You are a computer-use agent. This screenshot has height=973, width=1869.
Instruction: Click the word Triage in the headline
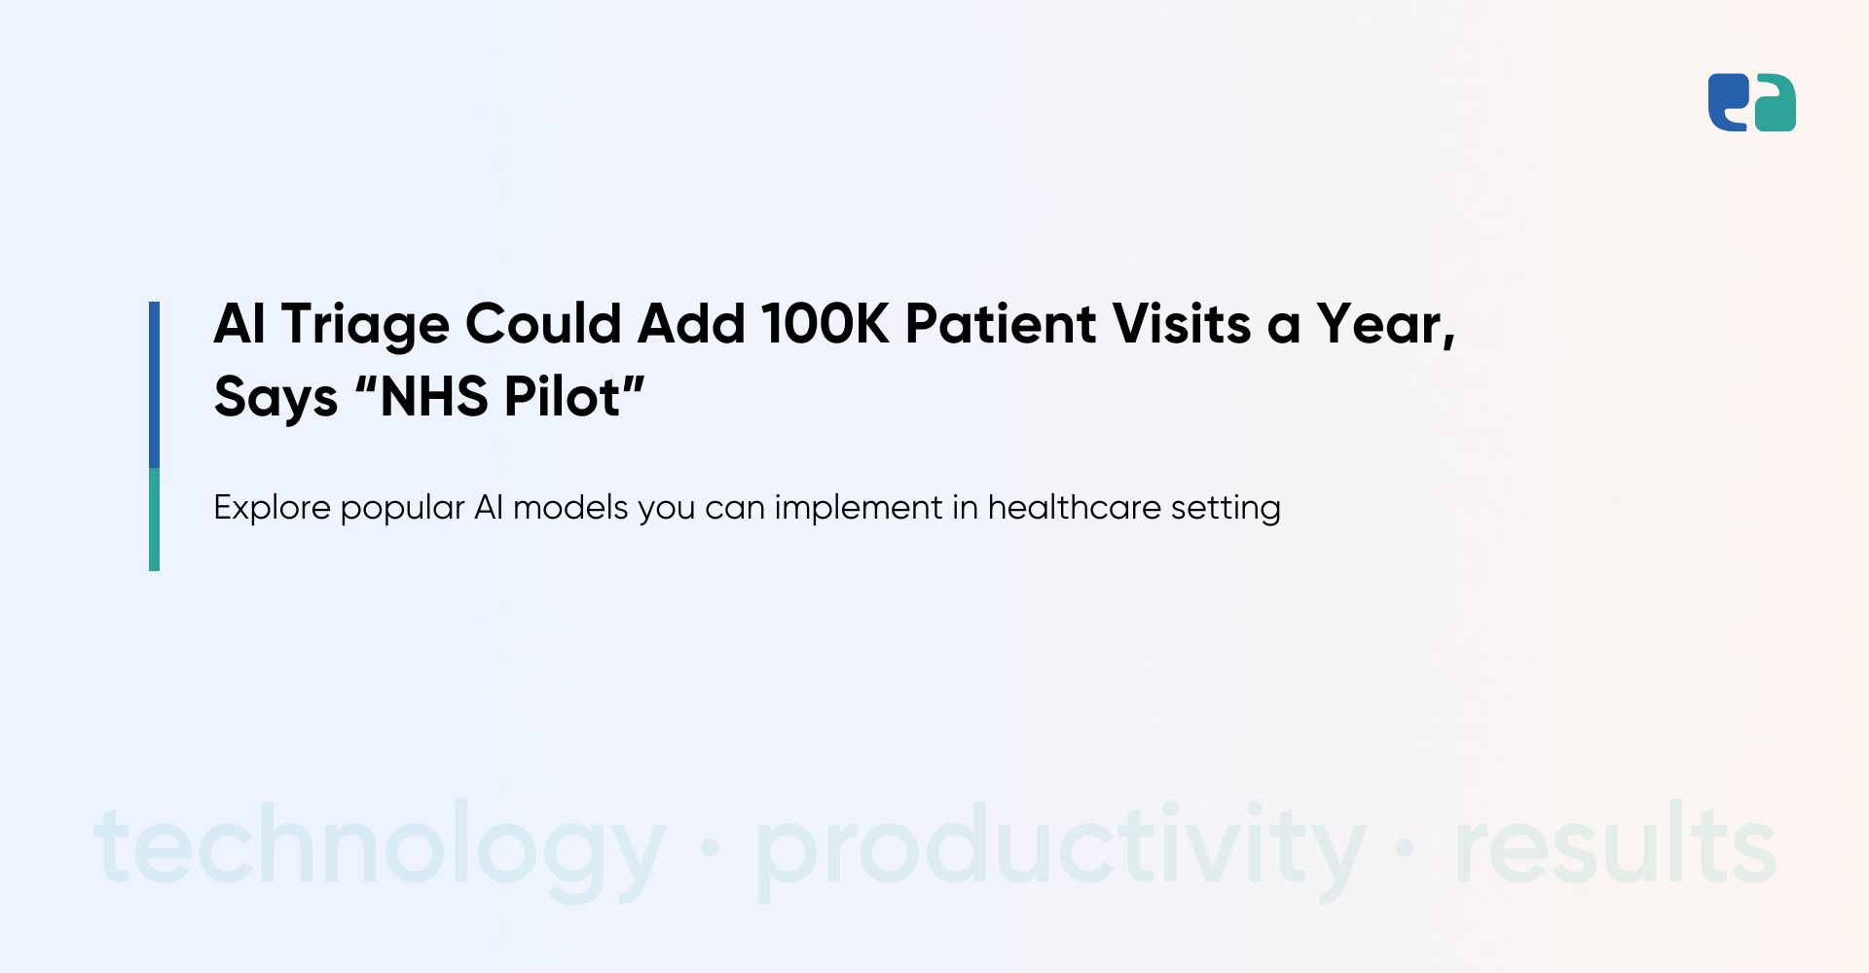[365, 325]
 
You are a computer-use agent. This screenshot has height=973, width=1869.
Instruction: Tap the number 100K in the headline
[825, 323]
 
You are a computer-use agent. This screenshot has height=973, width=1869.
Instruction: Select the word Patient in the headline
[1001, 323]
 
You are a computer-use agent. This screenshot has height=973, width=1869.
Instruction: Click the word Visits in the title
[1182, 323]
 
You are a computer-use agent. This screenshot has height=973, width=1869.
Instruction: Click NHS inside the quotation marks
[433, 396]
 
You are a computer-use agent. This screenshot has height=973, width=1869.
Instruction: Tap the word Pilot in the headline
[562, 396]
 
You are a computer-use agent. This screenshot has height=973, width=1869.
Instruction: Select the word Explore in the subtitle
[272, 508]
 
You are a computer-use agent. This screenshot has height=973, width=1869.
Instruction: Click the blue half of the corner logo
[1729, 102]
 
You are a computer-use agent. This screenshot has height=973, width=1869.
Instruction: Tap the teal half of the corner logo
[1775, 102]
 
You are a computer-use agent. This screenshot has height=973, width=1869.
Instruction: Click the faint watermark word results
[1615, 843]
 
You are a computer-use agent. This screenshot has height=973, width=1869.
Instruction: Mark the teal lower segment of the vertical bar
[154, 520]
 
